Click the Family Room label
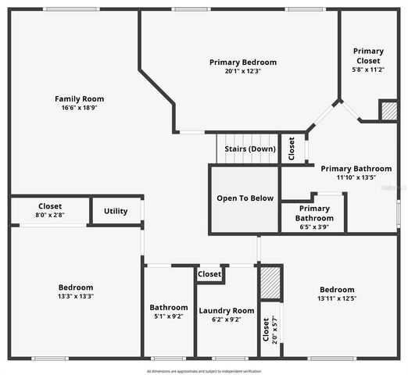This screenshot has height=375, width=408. (79, 99)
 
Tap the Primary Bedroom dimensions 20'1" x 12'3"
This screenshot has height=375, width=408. (243, 71)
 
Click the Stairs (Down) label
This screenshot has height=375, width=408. (250, 148)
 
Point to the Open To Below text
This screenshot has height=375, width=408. (245, 198)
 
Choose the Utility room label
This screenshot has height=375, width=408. (116, 211)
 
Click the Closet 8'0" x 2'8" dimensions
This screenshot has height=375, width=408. (49, 215)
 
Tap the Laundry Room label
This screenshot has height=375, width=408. (226, 310)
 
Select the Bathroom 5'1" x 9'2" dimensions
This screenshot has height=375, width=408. (169, 316)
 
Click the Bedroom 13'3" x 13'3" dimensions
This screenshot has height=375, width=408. (76, 296)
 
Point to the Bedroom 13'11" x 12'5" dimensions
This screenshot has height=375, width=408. (337, 298)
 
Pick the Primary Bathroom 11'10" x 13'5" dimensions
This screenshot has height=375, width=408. (356, 177)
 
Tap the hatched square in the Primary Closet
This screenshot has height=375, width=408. (388, 111)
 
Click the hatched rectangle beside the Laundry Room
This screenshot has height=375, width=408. (270, 283)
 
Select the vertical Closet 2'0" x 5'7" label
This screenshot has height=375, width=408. (266, 334)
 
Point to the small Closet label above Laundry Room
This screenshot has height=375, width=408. (209, 274)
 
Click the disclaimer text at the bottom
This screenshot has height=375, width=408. (203, 371)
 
